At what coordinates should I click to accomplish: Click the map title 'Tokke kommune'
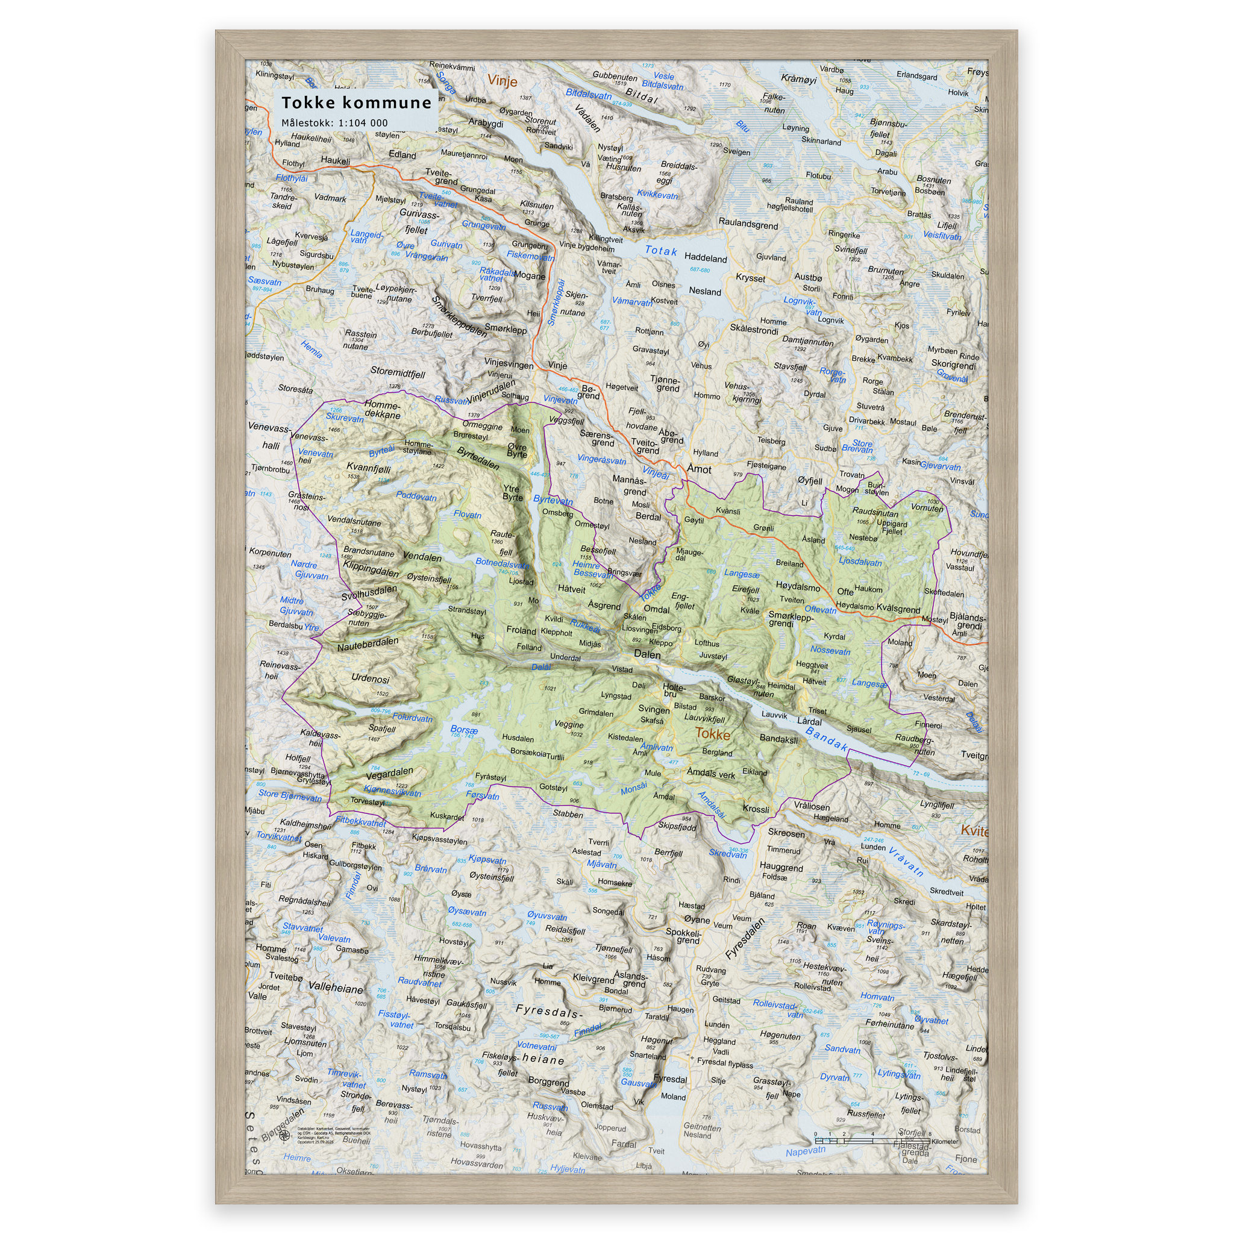tap(357, 102)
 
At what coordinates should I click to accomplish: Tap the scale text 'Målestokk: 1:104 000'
tap(334, 123)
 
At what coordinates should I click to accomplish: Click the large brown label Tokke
tap(712, 733)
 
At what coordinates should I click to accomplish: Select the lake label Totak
tap(660, 251)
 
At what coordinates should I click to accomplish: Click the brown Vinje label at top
tap(502, 81)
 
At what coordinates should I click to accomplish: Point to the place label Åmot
tap(699, 469)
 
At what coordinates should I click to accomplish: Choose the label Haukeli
tap(336, 160)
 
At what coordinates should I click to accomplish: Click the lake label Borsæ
tap(464, 730)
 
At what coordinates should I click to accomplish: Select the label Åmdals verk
tap(710, 774)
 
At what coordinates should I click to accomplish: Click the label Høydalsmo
tap(798, 586)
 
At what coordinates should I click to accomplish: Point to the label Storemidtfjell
tap(397, 372)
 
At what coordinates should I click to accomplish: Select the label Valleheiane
tap(336, 988)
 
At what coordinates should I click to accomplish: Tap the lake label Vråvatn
tap(906, 862)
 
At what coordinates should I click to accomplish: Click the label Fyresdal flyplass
tap(725, 1062)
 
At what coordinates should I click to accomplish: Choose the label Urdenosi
tap(370, 678)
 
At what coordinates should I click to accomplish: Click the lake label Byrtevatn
tap(553, 500)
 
